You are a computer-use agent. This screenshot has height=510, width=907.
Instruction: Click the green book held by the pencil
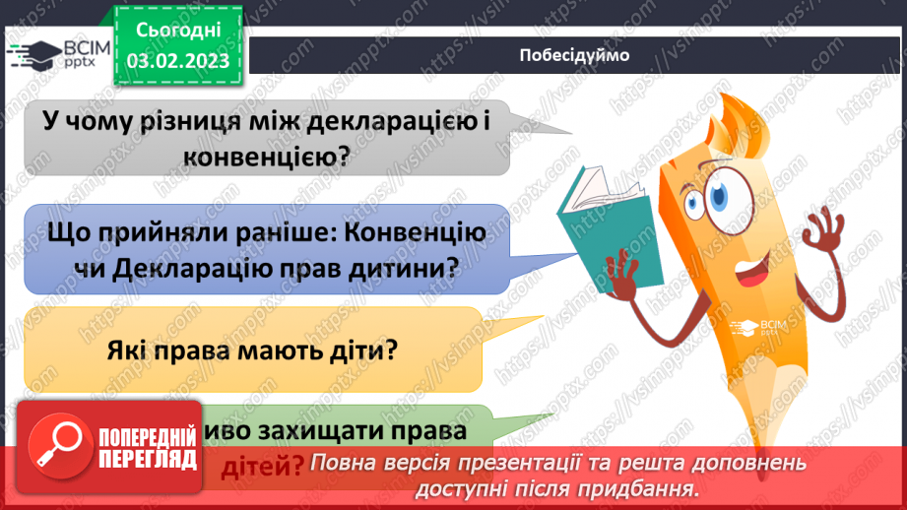[x=591, y=202]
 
